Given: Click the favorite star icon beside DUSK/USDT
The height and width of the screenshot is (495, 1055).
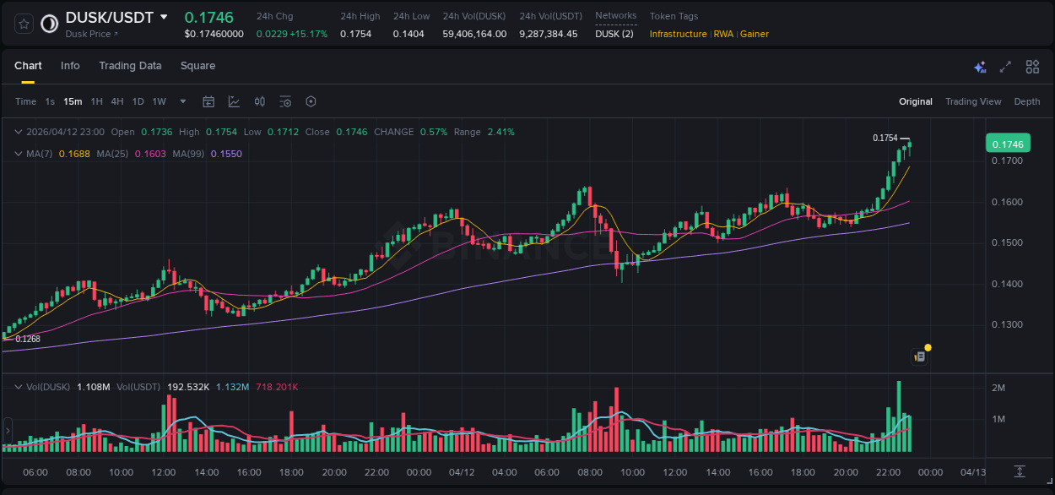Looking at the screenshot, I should point(24,24).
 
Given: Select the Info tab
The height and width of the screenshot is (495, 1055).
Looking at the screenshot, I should point(70,66).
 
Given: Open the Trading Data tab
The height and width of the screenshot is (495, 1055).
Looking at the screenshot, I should point(130,66).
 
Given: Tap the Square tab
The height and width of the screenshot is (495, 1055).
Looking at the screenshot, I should point(197,66).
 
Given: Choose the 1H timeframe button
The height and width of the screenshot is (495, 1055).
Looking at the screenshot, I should point(96,101).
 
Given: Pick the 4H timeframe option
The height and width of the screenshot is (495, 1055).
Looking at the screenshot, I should point(117,101).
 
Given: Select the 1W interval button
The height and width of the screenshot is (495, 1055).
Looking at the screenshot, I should point(159,101).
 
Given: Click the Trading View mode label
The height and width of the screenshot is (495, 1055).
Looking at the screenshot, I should point(972,101).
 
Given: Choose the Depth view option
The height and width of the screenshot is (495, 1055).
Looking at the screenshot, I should point(1026,101).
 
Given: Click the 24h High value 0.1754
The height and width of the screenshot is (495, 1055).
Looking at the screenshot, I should point(355,34).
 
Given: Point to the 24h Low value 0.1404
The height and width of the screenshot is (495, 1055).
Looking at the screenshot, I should point(408,34).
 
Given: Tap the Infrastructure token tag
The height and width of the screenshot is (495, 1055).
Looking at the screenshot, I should point(678,34).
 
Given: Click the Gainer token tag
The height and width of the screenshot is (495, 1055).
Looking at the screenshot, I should point(755,34).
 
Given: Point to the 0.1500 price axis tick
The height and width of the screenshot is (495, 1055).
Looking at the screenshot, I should point(1006,243).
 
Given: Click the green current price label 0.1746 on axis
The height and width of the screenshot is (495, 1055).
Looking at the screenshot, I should point(1007,144).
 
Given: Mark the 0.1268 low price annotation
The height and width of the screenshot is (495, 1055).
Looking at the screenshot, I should point(28,339).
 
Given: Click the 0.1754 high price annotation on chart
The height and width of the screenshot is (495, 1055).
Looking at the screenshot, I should point(885,138).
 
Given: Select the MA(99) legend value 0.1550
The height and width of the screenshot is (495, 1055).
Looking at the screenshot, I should point(226,154).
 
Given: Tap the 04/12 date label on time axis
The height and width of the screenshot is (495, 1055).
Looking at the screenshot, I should point(462,472).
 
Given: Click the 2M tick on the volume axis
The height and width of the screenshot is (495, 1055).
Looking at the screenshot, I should point(998,388).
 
